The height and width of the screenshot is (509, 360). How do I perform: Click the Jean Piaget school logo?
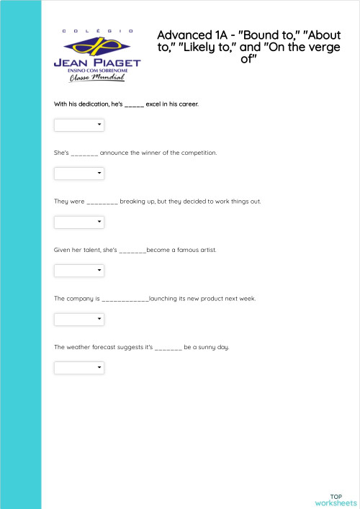[97, 55]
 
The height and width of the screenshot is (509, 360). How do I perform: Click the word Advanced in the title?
[181, 35]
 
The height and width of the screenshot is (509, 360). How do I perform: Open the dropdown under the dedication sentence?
[79, 125]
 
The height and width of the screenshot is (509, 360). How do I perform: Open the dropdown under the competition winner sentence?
[79, 174]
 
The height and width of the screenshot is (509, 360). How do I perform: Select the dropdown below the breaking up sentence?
[79, 222]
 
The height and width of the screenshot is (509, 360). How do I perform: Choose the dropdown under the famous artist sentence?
[79, 271]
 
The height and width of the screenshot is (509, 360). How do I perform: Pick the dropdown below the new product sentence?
[79, 319]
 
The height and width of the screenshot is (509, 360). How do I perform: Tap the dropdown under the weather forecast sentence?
[79, 368]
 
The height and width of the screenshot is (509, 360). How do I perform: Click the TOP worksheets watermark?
[336, 500]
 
